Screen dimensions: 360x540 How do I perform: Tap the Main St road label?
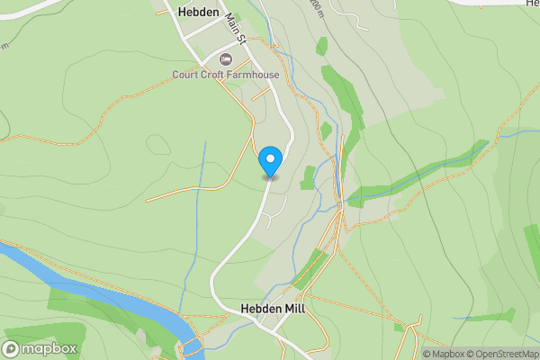[236, 27]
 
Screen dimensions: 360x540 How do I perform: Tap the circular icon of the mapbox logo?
[12, 348]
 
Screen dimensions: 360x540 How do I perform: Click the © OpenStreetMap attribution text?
[502, 354]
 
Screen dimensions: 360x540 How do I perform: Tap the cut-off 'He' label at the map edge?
[533, 4]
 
